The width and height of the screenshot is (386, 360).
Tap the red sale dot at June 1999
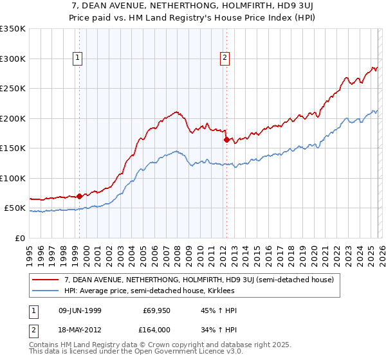(79, 196)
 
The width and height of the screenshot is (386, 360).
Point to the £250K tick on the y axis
(13, 89)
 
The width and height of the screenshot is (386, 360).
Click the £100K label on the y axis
(13, 178)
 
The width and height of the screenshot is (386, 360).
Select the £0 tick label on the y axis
(20, 238)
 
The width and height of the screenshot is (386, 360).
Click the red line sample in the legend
(46, 280)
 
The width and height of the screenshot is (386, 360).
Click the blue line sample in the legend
(46, 291)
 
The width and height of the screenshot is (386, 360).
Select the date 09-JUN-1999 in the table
(78, 310)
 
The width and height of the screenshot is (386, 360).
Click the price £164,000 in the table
(156, 331)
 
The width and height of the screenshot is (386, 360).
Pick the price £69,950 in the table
(156, 310)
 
